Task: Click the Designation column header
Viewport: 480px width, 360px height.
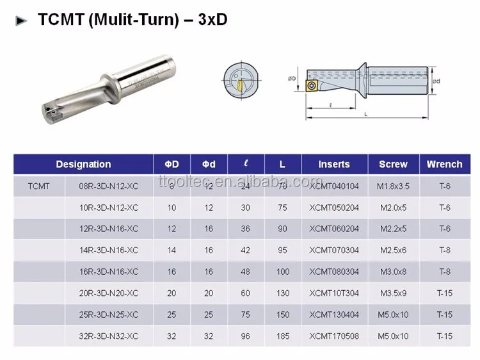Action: (83, 165)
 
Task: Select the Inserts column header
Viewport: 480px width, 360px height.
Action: (334, 165)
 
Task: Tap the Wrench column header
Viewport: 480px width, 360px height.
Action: (444, 165)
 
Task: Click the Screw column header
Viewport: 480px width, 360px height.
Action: (393, 165)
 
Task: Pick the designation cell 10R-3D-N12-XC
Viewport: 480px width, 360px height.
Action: (108, 208)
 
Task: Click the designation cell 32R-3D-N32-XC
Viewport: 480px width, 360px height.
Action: (108, 336)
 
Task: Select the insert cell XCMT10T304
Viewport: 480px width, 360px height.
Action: (334, 293)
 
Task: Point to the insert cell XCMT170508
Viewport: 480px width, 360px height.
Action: (334, 336)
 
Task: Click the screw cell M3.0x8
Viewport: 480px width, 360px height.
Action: (394, 272)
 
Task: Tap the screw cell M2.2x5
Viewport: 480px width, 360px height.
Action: (394, 229)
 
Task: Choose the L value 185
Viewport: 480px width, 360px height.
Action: (282, 336)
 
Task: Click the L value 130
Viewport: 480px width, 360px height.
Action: (282, 293)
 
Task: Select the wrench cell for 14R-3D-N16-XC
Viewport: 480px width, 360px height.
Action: (444, 250)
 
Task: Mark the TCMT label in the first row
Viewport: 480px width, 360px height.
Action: (38, 186)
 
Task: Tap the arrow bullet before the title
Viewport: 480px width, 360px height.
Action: (22, 20)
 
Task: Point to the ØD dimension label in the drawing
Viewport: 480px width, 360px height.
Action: (291, 79)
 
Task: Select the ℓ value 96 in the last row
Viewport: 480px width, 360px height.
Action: (246, 336)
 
